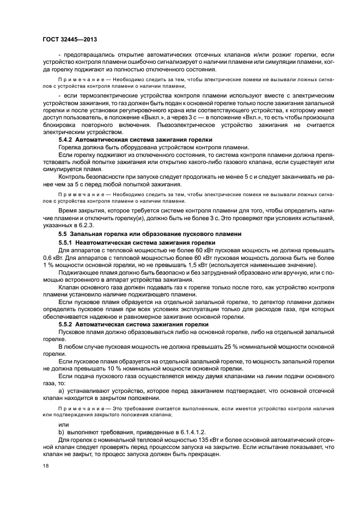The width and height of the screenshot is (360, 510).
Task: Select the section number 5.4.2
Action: pyautogui.click(x=67, y=140)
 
